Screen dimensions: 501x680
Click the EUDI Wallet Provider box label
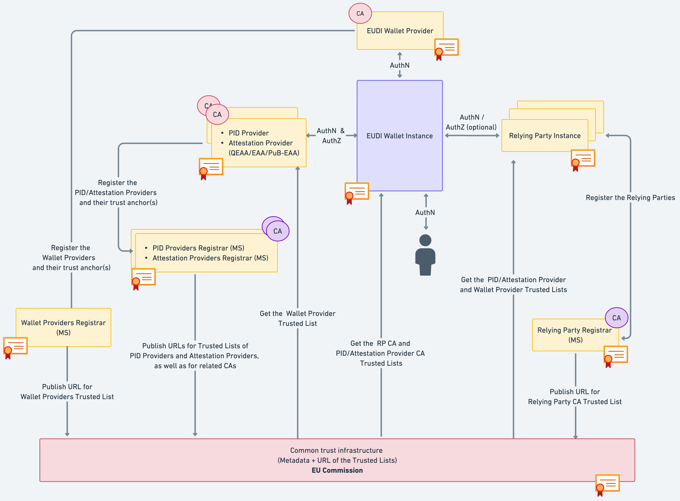coord(400,31)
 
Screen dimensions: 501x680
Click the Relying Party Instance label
coord(545,135)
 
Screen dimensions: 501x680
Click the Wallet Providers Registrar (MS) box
coord(63,327)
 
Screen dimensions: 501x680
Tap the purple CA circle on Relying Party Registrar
coord(616,318)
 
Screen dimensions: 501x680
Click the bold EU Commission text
coord(337,470)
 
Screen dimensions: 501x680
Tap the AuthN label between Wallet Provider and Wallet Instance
coord(399,65)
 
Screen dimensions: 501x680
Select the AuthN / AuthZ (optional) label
coord(471,122)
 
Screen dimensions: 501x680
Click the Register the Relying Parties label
coord(630,198)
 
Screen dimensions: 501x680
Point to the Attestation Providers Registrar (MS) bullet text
coord(210,258)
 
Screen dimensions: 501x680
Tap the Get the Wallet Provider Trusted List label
coord(297,318)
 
